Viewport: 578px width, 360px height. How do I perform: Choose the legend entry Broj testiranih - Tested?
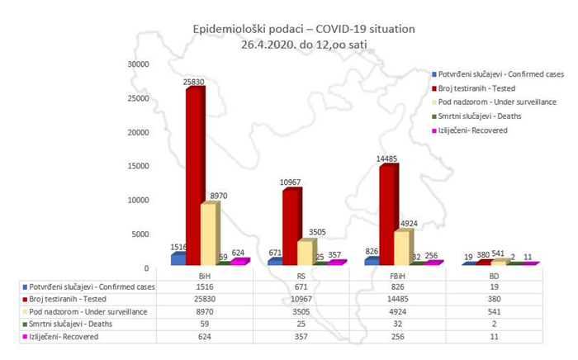[492, 88]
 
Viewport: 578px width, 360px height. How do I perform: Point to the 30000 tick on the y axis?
[134, 64]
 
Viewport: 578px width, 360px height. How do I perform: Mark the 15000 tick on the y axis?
[134, 166]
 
